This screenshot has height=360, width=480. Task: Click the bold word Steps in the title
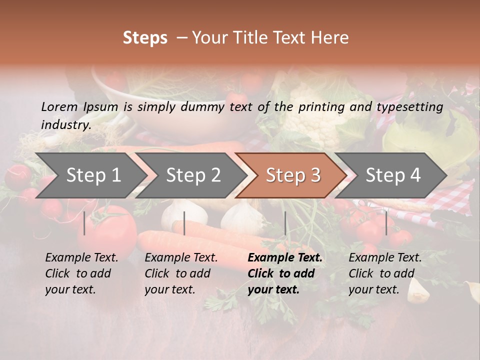point(145,38)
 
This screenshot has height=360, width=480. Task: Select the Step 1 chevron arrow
point(90,175)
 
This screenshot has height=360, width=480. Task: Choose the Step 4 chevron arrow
point(390,175)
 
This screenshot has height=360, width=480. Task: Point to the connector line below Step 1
point(84,223)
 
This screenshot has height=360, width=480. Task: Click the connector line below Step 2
point(184,223)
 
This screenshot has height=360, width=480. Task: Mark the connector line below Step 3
point(285,223)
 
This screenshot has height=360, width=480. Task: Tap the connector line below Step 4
point(386,223)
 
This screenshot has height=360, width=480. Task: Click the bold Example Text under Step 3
point(285,258)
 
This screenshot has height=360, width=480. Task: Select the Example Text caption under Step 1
point(81,258)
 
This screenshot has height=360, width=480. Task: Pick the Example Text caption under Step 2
point(181,258)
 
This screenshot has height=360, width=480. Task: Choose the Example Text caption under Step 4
point(385,258)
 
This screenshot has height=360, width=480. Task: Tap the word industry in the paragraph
point(65,125)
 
